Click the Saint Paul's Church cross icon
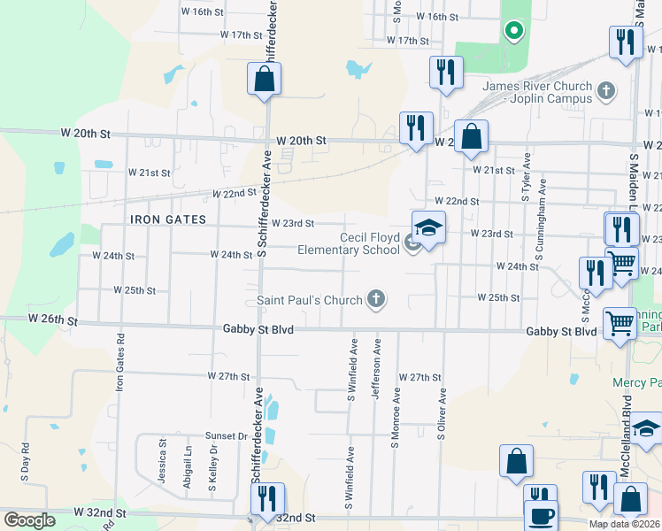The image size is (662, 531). coord(376,299)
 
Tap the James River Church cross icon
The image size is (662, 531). coord(606,90)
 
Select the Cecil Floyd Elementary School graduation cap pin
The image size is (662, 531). coord(427,229)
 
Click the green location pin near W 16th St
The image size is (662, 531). coord(512,32)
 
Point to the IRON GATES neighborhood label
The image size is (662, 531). coord(168,219)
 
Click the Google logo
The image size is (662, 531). coord(29,519)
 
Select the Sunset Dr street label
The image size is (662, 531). coord(227,435)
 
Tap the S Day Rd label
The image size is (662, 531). coord(26,461)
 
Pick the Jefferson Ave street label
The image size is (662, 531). coord(376,366)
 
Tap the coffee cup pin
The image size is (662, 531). coord(541,515)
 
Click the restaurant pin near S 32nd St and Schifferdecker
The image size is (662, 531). coord(267,499)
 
